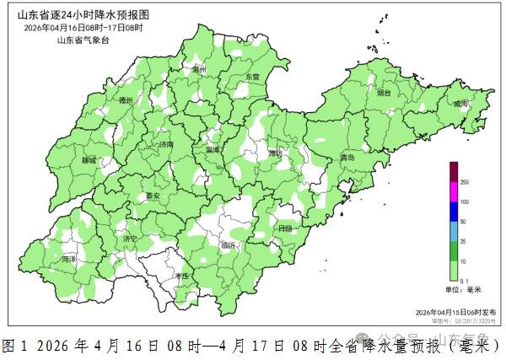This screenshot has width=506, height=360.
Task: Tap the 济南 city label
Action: pyautogui.click(x=165, y=145)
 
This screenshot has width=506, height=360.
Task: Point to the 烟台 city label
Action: pyautogui.click(x=385, y=93)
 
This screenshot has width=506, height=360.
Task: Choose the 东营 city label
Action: pyautogui.click(x=252, y=77)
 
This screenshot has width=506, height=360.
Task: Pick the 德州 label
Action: pyautogui.click(x=126, y=100)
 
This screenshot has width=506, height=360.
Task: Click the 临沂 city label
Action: pyautogui.click(x=228, y=245)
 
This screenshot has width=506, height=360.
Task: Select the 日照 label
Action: pyautogui.click(x=285, y=228)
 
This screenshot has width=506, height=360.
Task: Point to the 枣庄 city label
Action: pyautogui.click(x=180, y=276)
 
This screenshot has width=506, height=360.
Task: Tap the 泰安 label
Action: pyautogui.click(x=153, y=196)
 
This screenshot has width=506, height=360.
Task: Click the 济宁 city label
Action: pyautogui.click(x=129, y=239)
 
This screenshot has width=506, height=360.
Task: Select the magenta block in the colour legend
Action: pyautogui.click(x=453, y=191)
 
